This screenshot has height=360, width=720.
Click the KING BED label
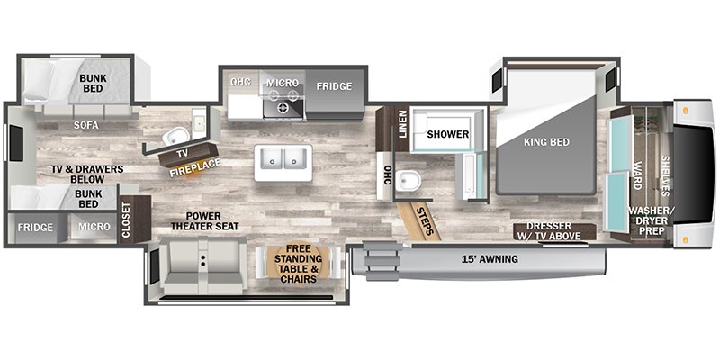tap(546, 142)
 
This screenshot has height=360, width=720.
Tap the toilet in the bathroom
tap(409, 181)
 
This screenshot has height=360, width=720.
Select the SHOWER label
tap(448, 134)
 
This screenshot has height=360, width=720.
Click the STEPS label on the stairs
tap(425, 221)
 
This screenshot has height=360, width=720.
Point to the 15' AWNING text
tap(490, 259)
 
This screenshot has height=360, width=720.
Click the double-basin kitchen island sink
tap(283, 163)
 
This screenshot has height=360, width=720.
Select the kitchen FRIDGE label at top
tap(334, 86)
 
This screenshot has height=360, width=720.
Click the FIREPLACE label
tap(195, 168)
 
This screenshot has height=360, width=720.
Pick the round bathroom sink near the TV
tap(175, 136)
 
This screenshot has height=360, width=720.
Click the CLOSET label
tap(127, 220)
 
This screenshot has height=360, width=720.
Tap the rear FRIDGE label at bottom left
tap(35, 228)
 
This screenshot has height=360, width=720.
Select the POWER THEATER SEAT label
tap(205, 220)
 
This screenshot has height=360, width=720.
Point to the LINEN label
tap(402, 124)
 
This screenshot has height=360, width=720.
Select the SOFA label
tap(86, 125)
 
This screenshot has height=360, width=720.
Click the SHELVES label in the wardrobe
tap(665, 175)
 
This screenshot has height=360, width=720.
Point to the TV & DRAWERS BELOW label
tap(87, 174)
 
